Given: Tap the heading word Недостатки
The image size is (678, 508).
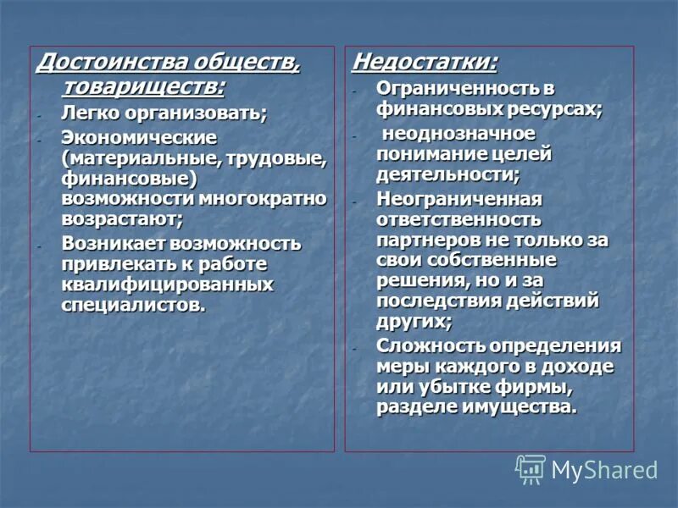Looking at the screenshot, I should pos(424,62).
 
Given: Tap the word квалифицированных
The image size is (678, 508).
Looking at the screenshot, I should pos(167,284).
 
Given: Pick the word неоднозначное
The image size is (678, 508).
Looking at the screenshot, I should pos(458,133).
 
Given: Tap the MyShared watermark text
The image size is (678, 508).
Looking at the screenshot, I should pos(604,470).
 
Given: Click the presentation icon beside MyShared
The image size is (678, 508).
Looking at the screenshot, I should pos(531,468).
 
